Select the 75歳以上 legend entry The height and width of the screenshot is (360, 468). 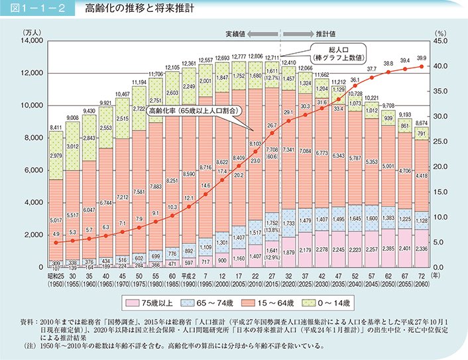click(x=172, y=304)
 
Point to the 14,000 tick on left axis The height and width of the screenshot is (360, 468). click(x=32, y=41)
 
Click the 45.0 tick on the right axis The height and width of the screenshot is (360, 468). click(x=440, y=41)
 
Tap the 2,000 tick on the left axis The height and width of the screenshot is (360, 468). click(x=33, y=235)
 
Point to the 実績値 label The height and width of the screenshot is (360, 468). click(x=254, y=31)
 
